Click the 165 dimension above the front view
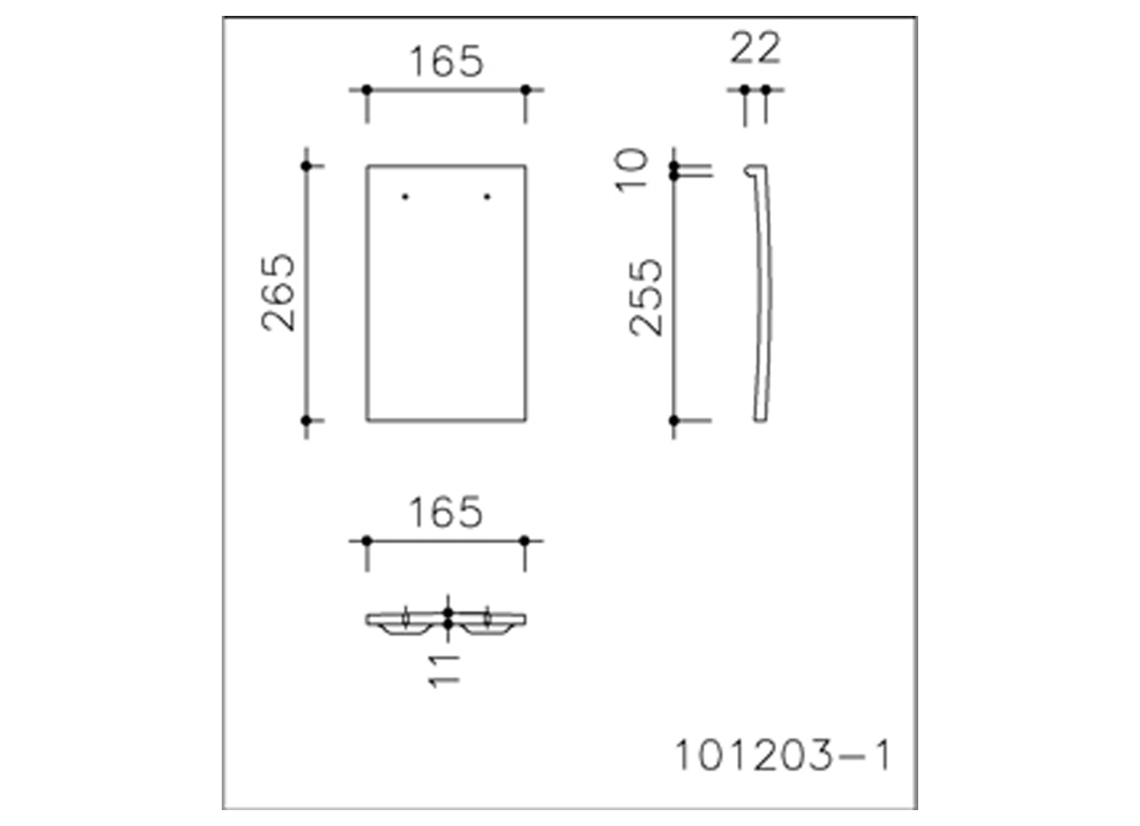[x=446, y=62]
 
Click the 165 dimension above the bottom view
[x=445, y=513]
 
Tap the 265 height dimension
[x=279, y=292]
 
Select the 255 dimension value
[x=646, y=297]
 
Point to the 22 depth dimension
[x=755, y=48]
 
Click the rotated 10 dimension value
[x=632, y=170]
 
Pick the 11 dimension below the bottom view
[x=444, y=670]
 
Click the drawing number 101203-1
[x=783, y=755]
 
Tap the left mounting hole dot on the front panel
[x=405, y=196]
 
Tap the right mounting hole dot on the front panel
[x=487, y=196]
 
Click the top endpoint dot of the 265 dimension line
[x=306, y=166]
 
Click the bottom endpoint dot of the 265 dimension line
[x=306, y=421]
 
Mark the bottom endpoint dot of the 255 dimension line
[x=674, y=421]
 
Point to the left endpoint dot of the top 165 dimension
[x=367, y=90]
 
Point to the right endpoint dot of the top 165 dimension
[x=526, y=90]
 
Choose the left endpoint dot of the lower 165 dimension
[x=367, y=541]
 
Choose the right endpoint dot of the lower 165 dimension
[x=525, y=541]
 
